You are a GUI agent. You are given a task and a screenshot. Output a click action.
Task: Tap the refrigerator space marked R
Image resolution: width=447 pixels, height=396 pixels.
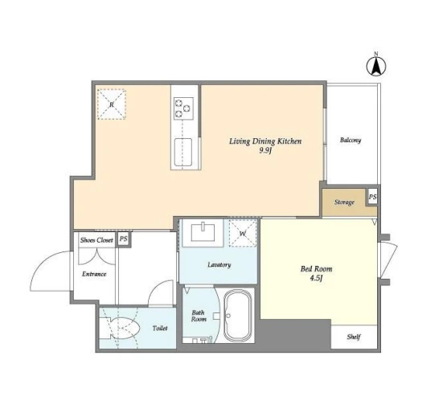click(x=112, y=104)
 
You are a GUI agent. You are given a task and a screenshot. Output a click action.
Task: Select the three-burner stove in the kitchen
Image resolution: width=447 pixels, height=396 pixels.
click(x=183, y=108)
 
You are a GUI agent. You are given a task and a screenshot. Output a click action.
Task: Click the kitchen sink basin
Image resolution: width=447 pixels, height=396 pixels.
click(x=183, y=152)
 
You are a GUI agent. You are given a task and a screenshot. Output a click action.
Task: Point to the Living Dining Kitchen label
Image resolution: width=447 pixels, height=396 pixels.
click(x=265, y=141)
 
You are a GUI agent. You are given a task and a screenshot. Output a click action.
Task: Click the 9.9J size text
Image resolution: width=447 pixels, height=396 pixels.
click(x=265, y=151)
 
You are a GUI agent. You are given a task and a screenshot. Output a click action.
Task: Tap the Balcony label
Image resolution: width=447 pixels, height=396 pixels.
click(x=351, y=140)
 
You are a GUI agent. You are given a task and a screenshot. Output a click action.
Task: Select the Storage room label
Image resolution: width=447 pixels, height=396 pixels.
click(x=344, y=202)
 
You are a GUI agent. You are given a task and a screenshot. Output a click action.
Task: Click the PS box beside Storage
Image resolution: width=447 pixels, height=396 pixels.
click(x=372, y=197)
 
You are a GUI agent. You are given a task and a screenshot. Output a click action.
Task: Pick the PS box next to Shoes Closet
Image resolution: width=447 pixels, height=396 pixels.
click(x=124, y=239)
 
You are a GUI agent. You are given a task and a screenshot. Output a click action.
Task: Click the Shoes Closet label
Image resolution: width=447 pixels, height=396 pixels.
click(x=96, y=240)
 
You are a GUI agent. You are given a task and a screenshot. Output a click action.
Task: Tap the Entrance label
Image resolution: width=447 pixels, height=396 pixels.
click(x=94, y=274)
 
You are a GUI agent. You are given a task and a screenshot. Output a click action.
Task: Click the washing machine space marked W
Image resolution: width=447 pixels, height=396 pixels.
click(x=243, y=233)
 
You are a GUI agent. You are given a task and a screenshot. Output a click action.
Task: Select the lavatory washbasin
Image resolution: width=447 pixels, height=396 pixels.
click(x=203, y=233)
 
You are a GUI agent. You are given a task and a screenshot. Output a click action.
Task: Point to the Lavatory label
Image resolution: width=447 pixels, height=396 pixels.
click(x=219, y=264)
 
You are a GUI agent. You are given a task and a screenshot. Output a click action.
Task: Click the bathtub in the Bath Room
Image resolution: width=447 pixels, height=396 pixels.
click(x=238, y=316)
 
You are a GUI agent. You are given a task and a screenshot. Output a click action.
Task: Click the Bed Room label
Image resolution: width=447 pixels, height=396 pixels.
click(x=316, y=268)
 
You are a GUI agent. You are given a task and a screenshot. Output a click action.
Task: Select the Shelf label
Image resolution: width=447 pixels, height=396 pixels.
click(x=354, y=337)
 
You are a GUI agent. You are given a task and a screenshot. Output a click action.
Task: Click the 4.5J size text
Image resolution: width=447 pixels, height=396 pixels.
click(x=316, y=279)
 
